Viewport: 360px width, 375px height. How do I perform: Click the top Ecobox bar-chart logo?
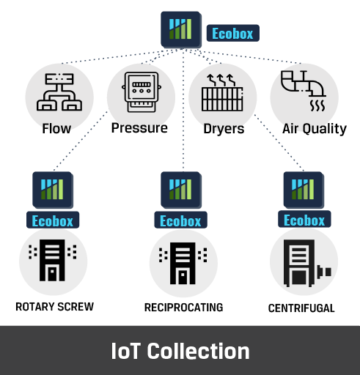(x=181, y=29)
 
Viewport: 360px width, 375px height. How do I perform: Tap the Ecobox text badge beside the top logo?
(x=233, y=33)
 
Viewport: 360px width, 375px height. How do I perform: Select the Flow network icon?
(x=59, y=92)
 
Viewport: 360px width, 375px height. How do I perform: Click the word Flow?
(x=56, y=128)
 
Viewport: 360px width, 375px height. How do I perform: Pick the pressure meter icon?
(x=142, y=92)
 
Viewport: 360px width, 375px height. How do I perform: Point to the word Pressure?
(x=139, y=127)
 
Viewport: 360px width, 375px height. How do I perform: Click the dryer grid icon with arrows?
(x=222, y=93)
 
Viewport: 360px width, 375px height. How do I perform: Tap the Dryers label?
(x=224, y=129)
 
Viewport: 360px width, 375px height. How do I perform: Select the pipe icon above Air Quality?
(x=304, y=91)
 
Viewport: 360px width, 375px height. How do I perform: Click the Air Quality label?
(x=315, y=128)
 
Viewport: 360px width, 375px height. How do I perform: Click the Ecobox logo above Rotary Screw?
(x=53, y=190)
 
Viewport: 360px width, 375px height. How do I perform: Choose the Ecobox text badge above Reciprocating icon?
(x=180, y=220)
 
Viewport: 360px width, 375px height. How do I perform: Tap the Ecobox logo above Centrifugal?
(x=304, y=190)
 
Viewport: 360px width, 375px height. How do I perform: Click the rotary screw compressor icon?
(x=52, y=260)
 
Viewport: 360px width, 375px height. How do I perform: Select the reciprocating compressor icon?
(x=183, y=263)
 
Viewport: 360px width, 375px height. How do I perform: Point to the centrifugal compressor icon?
(x=307, y=263)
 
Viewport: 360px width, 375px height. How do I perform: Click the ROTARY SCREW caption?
(x=55, y=307)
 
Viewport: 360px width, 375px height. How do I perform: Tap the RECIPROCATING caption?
(x=184, y=308)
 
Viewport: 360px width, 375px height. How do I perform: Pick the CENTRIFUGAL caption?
(x=301, y=308)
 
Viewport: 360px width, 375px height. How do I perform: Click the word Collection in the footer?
(x=199, y=351)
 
